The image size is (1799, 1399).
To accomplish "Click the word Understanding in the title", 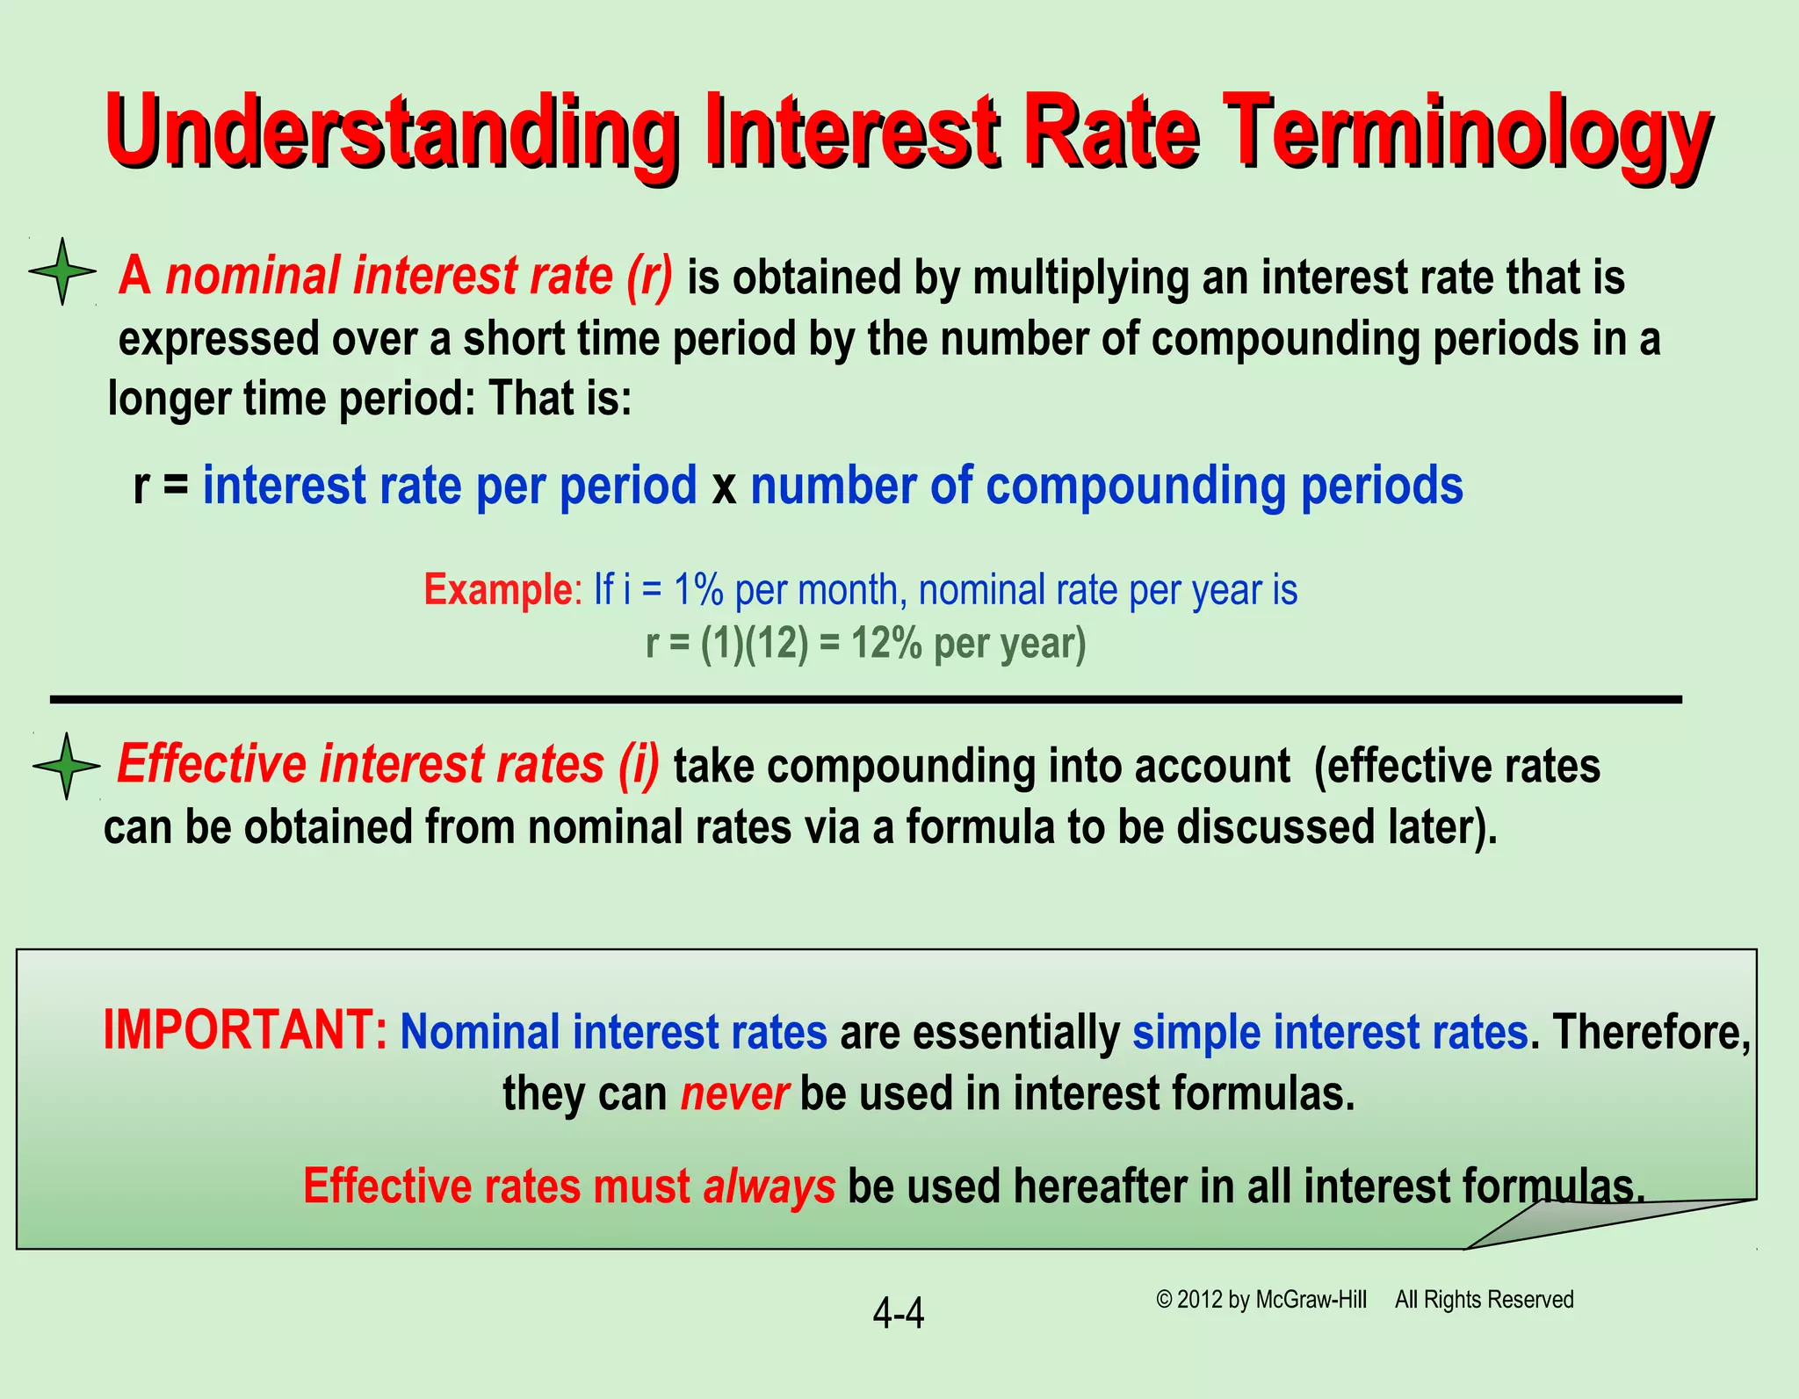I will click(x=391, y=136).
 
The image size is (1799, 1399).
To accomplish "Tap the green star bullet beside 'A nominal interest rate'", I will click(x=62, y=271).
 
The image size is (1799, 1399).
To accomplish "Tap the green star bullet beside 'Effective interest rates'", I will click(x=66, y=766).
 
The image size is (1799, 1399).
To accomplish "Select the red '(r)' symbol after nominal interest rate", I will click(x=650, y=276).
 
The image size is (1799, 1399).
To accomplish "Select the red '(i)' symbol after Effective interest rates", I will click(x=638, y=764).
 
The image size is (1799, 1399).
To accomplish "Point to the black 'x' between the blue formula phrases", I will click(x=724, y=488).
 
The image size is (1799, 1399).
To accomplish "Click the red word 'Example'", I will click(x=498, y=589).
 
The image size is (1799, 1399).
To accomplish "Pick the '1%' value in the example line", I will click(x=697, y=589).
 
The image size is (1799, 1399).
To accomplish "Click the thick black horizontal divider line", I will click(x=865, y=699).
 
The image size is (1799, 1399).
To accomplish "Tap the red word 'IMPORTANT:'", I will click(x=245, y=1030).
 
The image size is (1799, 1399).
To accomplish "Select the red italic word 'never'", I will click(x=734, y=1094).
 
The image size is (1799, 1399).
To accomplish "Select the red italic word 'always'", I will click(x=769, y=1186).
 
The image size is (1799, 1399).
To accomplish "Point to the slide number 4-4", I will click(x=898, y=1314).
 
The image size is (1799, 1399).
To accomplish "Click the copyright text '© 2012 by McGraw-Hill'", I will click(x=1261, y=1300).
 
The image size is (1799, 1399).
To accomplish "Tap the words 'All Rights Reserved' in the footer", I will click(x=1484, y=1300).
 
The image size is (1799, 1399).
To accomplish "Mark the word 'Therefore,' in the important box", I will click(x=1651, y=1032).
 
